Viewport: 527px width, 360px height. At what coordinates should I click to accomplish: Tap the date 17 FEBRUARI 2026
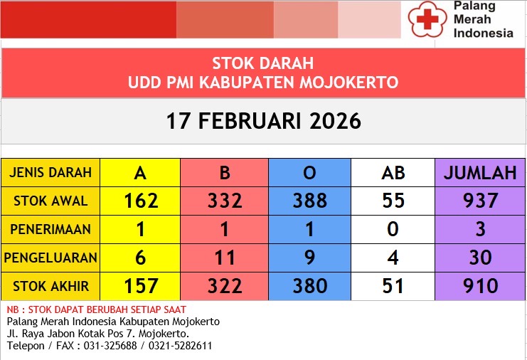tap(264, 121)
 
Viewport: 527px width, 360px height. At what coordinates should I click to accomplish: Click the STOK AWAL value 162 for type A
tap(140, 201)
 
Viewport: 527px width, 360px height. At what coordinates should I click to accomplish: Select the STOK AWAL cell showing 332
tap(225, 201)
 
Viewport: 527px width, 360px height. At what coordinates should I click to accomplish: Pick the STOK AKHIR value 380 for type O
tap(310, 286)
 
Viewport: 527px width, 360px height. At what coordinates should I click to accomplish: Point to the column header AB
tap(393, 173)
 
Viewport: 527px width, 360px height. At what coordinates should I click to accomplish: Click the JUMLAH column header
tap(480, 173)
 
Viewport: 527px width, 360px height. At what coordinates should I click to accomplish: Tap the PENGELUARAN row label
tap(50, 258)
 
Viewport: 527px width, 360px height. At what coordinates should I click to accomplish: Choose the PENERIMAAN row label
tap(50, 230)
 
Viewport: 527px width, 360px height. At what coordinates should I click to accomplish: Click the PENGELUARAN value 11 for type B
tap(225, 258)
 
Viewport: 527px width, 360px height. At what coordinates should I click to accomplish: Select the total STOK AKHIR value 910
tap(480, 286)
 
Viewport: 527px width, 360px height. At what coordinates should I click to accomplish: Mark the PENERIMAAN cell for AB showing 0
tap(393, 230)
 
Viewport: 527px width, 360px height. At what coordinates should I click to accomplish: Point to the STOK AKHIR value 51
tap(393, 286)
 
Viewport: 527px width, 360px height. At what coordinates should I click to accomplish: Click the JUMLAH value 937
tap(480, 201)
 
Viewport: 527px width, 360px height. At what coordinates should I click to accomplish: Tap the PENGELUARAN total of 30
tap(480, 258)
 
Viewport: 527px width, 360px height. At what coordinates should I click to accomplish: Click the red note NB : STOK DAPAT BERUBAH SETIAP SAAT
tap(97, 309)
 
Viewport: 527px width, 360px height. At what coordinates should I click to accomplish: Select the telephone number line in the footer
tap(110, 346)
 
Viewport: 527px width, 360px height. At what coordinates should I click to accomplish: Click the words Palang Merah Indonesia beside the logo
tap(483, 19)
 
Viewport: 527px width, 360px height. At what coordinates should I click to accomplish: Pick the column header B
tap(225, 173)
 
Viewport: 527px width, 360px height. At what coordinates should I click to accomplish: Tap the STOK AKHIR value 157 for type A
tap(140, 286)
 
